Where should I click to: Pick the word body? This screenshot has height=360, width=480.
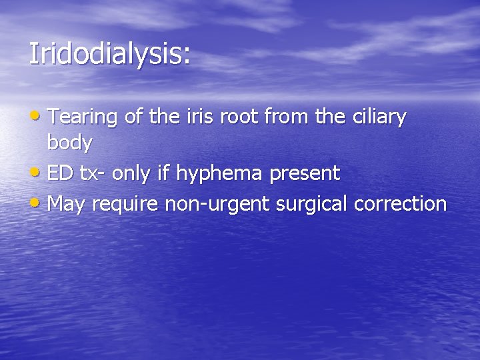pyautogui.click(x=70, y=143)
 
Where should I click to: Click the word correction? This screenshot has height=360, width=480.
pyautogui.click(x=401, y=203)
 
